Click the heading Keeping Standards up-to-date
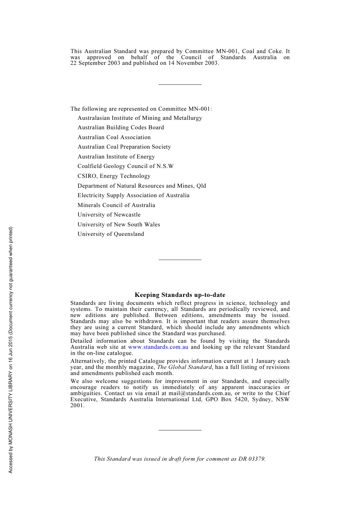click(x=180, y=295)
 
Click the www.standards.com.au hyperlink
click(x=158, y=347)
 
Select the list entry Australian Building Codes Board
click(x=121, y=127)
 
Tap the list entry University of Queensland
click(x=111, y=234)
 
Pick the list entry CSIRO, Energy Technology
click(x=114, y=176)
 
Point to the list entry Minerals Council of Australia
click(x=116, y=205)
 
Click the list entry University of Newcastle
click(x=109, y=215)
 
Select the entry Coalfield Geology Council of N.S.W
click(x=125, y=166)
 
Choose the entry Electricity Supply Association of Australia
click(x=133, y=195)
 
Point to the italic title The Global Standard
click(x=184, y=367)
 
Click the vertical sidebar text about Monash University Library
click(x=11, y=350)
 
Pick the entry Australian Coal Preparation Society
click(x=124, y=147)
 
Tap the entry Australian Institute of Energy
click(x=116, y=157)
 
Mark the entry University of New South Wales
click(x=119, y=224)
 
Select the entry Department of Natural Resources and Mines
click(x=142, y=186)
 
